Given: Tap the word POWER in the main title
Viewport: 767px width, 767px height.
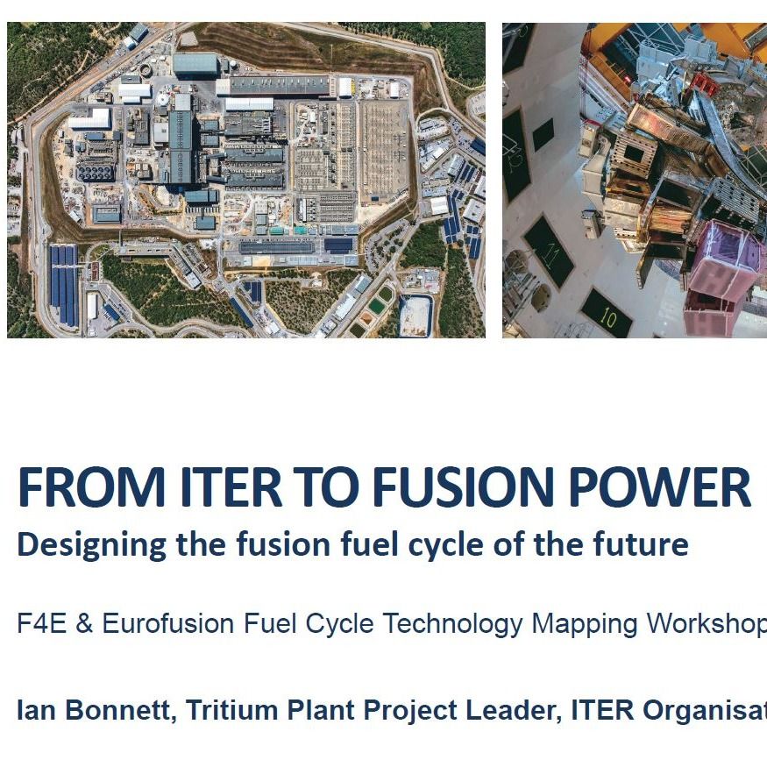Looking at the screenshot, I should click(x=674, y=488).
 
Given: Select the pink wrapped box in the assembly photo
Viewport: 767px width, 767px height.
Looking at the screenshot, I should click(x=721, y=272).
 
